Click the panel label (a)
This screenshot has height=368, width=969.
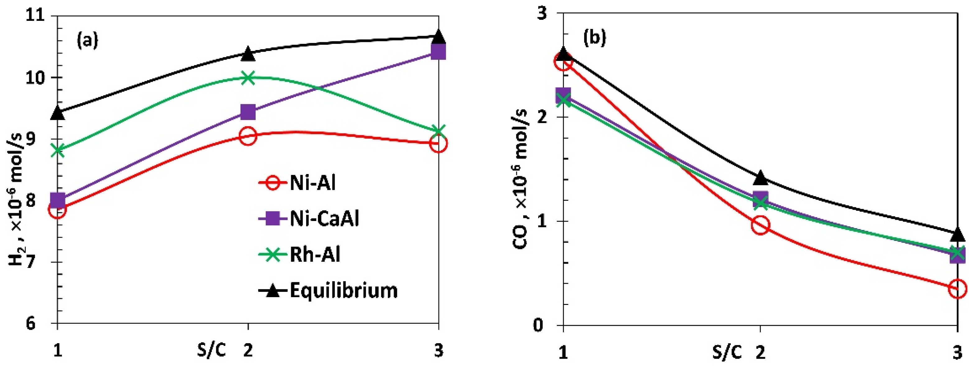pos(87,40)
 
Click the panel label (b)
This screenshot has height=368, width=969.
pos(594,38)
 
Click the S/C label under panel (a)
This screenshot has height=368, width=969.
pos(212,351)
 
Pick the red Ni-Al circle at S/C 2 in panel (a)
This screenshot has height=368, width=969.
pos(248,136)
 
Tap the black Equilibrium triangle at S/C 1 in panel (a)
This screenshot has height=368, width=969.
pos(58,113)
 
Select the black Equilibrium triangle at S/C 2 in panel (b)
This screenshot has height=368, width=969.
pos(761,177)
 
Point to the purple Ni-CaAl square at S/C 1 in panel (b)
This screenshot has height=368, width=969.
pos(563,94)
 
